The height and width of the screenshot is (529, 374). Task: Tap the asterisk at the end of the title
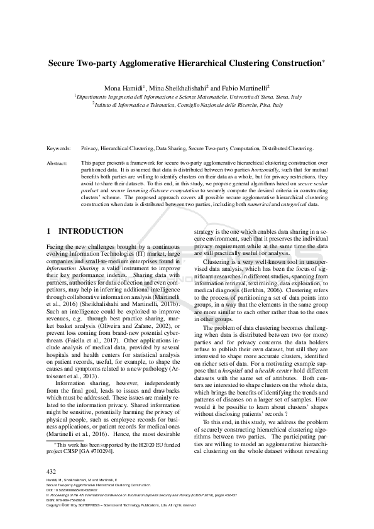(x=323, y=62)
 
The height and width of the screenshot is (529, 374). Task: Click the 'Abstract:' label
(x=57, y=163)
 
